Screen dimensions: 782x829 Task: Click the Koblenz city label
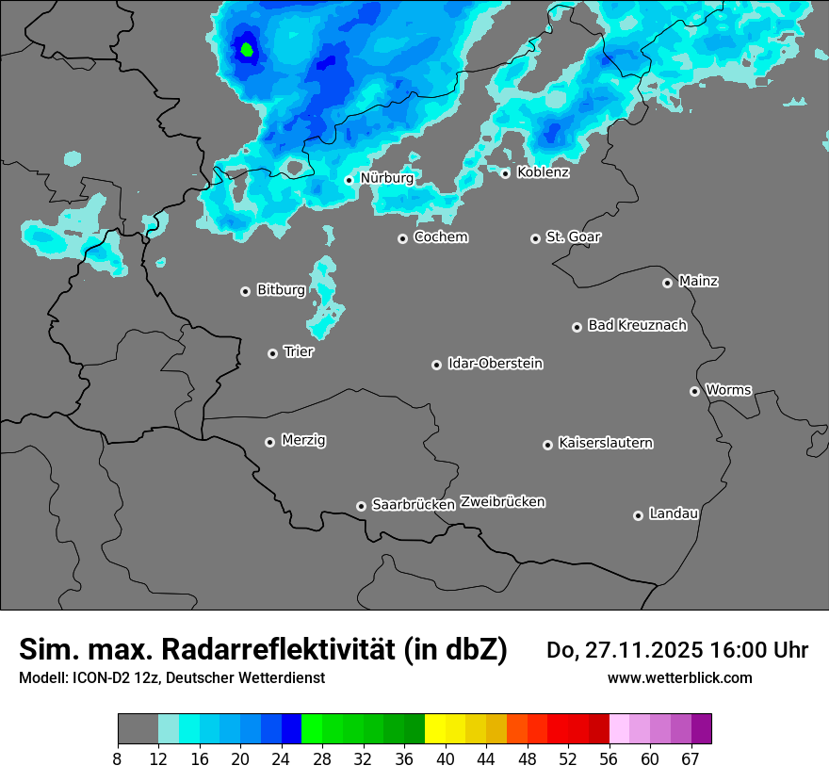pos(543,172)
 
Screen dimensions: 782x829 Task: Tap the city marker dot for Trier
pos(273,353)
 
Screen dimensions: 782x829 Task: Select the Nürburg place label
pos(386,178)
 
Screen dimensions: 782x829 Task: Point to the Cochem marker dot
pos(402,238)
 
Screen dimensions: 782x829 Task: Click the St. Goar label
pos(573,236)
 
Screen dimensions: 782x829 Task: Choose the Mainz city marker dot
pos(668,283)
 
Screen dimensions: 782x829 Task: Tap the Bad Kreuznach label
pos(637,325)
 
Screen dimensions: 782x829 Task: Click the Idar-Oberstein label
pos(495,363)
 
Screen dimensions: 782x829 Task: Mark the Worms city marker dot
pos(695,391)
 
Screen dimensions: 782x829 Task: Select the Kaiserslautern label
pos(605,443)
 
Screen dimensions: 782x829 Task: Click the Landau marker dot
pos(639,515)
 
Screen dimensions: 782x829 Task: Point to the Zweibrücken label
pos(502,502)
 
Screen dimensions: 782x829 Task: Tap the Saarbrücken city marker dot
pos(361,506)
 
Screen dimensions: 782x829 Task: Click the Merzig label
pos(303,440)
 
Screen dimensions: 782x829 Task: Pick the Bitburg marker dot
pos(246,291)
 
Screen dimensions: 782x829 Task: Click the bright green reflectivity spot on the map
pos(247,48)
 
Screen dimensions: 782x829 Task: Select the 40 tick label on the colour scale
pos(445,758)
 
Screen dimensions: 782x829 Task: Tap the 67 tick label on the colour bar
pos(691,758)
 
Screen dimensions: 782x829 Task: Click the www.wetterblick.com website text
pos(679,677)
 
